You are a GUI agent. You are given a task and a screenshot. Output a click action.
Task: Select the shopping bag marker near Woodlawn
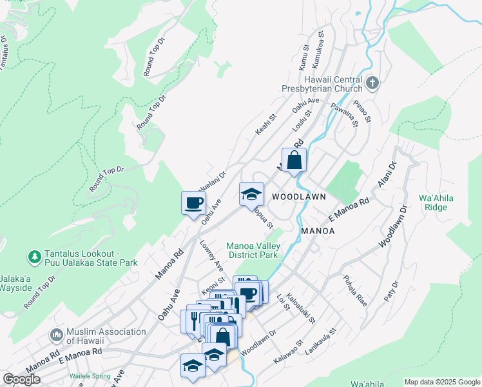coord(294,160)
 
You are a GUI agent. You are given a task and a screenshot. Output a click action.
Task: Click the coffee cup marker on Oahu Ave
coord(193,203)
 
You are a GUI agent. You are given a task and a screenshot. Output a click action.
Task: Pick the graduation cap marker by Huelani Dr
coord(251,194)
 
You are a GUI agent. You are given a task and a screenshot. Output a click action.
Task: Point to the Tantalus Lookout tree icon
coord(35,258)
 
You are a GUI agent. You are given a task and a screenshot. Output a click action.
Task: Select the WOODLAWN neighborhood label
coord(298,196)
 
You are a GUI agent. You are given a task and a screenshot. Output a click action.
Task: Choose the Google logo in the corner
coord(21,379)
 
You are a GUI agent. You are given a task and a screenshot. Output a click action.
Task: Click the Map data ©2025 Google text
coord(441,382)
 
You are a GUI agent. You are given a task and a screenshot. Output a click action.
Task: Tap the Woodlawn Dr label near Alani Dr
coord(394,226)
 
